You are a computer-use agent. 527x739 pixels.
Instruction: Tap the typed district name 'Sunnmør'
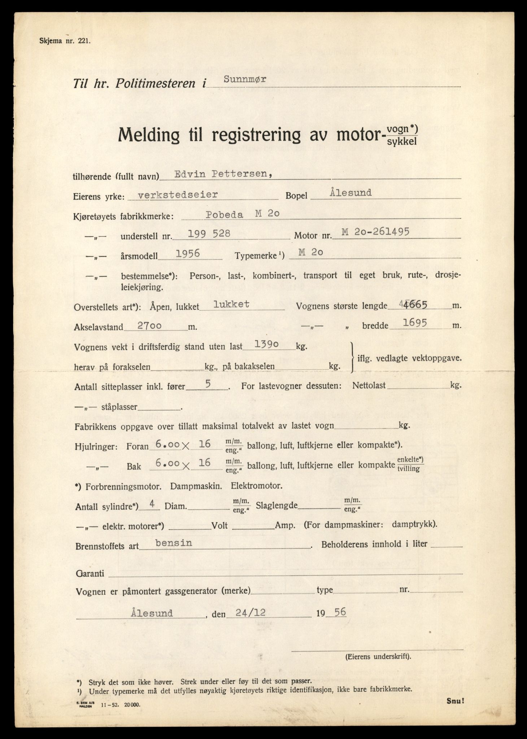pyautogui.click(x=245, y=80)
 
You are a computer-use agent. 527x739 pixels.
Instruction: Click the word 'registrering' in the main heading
pyautogui.click(x=256, y=135)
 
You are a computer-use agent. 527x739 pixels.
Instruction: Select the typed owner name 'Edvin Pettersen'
pyautogui.click(x=223, y=174)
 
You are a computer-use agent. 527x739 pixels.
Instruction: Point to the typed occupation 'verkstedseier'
pyautogui.click(x=178, y=194)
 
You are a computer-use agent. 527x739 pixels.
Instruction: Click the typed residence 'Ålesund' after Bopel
pyautogui.click(x=350, y=193)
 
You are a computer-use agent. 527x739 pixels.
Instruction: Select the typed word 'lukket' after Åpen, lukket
pyautogui.click(x=231, y=304)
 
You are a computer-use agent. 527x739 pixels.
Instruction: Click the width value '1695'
pyautogui.click(x=415, y=323)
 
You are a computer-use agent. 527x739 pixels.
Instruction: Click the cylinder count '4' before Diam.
pyautogui.click(x=153, y=504)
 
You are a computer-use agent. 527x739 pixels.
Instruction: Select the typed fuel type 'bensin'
pyautogui.click(x=173, y=543)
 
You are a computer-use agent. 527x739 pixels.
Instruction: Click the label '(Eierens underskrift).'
pyautogui.click(x=378, y=656)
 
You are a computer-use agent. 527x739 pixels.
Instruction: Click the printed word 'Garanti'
pyautogui.click(x=90, y=573)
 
